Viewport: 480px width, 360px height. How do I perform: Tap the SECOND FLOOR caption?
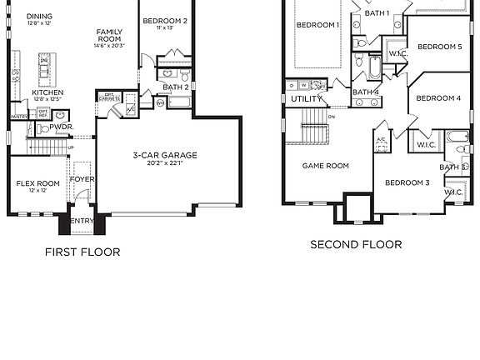[x=356, y=245]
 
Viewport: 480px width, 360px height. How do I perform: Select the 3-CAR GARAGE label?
[x=165, y=155]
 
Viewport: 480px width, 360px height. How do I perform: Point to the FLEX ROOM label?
[x=38, y=183]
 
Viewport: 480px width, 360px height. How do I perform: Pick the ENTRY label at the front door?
[x=82, y=220]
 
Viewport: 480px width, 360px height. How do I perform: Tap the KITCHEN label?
[x=47, y=92]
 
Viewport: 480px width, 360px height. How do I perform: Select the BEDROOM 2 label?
[x=165, y=21]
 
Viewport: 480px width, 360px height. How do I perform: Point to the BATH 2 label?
[x=175, y=87]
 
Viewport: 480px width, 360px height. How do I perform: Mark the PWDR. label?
[x=61, y=127]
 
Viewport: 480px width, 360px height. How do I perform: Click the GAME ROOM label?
[x=325, y=166]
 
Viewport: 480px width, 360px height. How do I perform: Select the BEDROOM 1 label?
[x=317, y=25]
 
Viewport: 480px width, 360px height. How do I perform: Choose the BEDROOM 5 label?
[x=439, y=47]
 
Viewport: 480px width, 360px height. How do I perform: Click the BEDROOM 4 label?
[x=438, y=98]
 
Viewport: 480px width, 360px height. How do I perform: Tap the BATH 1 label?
[x=377, y=13]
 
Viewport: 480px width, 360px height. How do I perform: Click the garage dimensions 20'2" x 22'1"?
[x=165, y=164]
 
